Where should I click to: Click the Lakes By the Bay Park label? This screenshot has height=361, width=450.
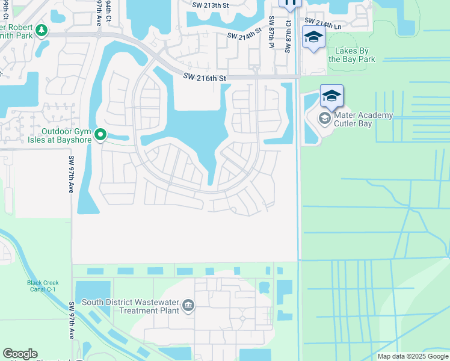click(x=351, y=55)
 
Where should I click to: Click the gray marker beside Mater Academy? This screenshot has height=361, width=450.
click(x=325, y=118)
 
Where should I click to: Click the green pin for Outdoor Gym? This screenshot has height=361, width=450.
click(x=101, y=135)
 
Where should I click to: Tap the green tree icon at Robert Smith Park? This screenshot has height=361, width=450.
click(x=41, y=29)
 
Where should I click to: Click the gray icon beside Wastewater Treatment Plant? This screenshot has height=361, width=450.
click(x=188, y=306)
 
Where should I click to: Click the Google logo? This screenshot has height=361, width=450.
click(x=20, y=354)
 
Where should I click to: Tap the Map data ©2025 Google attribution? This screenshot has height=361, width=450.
click(x=413, y=356)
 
